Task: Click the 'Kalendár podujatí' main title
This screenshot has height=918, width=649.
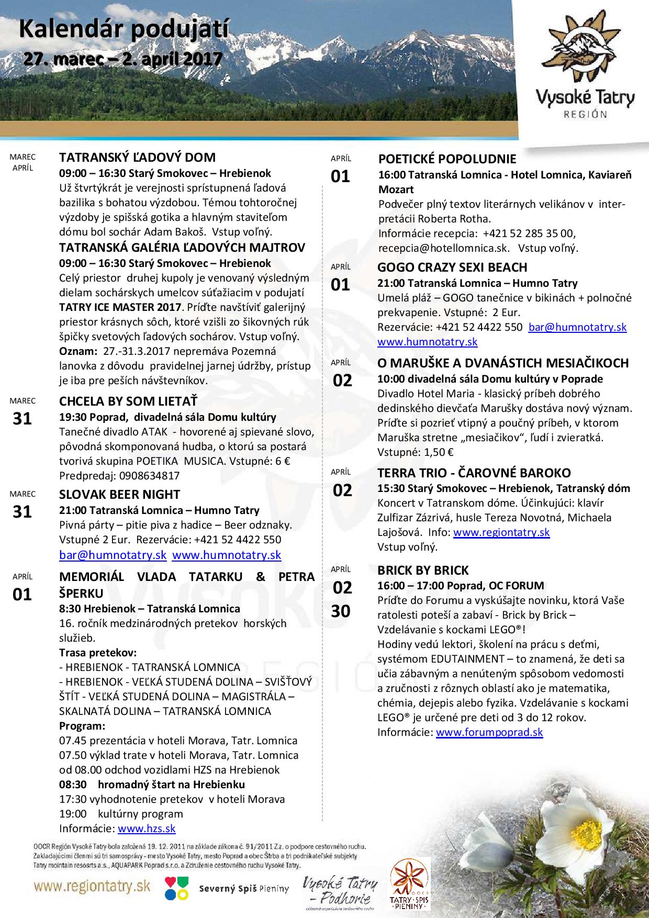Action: click(124, 31)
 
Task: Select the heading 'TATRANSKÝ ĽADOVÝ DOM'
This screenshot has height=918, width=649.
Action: click(137, 158)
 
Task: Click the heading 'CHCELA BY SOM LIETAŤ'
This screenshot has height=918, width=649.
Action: click(128, 401)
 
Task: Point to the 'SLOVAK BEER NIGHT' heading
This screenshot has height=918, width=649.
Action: click(119, 495)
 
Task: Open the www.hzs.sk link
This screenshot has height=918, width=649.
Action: click(147, 829)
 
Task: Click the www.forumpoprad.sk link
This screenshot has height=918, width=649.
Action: click(489, 732)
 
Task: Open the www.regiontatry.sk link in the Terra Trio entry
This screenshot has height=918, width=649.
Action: click(501, 533)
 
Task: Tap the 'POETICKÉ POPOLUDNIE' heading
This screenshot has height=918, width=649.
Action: click(447, 159)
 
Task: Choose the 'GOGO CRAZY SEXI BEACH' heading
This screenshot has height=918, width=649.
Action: click(452, 267)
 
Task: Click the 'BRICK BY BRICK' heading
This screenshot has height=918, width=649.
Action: click(423, 570)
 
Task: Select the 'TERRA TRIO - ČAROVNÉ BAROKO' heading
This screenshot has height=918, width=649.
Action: click(474, 473)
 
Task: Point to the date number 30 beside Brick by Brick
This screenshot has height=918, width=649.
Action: click(341, 611)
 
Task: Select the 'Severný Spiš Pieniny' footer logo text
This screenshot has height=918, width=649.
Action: click(244, 889)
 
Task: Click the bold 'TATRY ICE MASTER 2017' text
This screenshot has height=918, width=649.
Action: click(120, 307)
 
